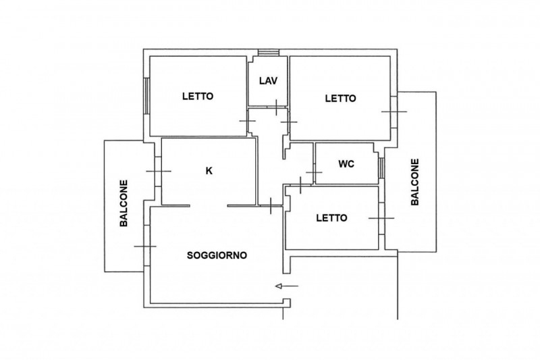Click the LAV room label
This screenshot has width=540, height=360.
[268, 81]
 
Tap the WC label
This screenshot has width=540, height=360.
[346, 164]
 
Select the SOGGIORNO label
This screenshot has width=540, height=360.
[217, 255]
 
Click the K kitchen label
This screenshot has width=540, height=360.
[209, 170]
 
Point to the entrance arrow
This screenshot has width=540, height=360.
[287, 286]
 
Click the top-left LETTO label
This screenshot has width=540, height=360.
[198, 96]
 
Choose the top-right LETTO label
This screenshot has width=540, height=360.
[341, 99]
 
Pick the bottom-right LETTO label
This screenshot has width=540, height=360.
[331, 217]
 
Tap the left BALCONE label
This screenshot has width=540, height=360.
[124, 203]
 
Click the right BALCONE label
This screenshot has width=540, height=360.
[415, 182]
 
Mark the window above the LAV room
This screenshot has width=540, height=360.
[269, 53]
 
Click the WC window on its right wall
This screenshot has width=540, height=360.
[381, 168]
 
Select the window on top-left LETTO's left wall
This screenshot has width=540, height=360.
[146, 96]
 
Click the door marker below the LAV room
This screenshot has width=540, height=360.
[276, 107]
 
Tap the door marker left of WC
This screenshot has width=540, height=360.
[314, 172]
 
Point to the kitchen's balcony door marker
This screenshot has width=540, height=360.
[159, 171]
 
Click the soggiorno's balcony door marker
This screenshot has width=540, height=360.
[145, 247]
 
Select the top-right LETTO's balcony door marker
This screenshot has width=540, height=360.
[394, 111]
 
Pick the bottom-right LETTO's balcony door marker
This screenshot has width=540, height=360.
[381, 218]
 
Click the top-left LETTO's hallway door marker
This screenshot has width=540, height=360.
[248, 121]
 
